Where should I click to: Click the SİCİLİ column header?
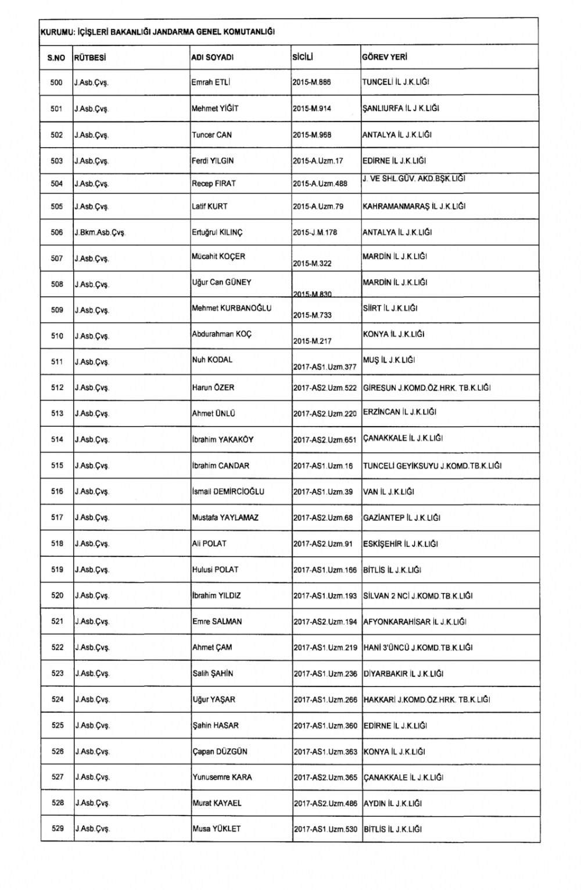pyautogui.click(x=303, y=58)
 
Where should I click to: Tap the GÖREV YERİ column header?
pyautogui.click(x=385, y=58)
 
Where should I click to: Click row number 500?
pyautogui.click(x=56, y=83)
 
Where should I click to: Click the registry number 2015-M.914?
pyautogui.click(x=312, y=109)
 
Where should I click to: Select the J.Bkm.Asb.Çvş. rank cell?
pyautogui.click(x=99, y=233)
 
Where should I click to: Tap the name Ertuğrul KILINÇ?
pyautogui.click(x=217, y=233)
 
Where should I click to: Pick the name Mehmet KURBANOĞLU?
pyautogui.click(x=231, y=308)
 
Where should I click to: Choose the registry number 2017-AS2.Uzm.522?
pyautogui.click(x=325, y=388)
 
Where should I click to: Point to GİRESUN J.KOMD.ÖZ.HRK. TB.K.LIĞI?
pyautogui.click(x=426, y=388)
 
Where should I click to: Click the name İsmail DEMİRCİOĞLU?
pyautogui.click(x=228, y=492)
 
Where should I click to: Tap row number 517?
pyautogui.click(x=57, y=517)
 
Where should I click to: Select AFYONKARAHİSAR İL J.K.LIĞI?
pyautogui.click(x=414, y=621)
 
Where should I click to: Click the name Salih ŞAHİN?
pyautogui.click(x=213, y=673)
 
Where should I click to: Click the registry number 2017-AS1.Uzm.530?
pyautogui.click(x=325, y=829)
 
